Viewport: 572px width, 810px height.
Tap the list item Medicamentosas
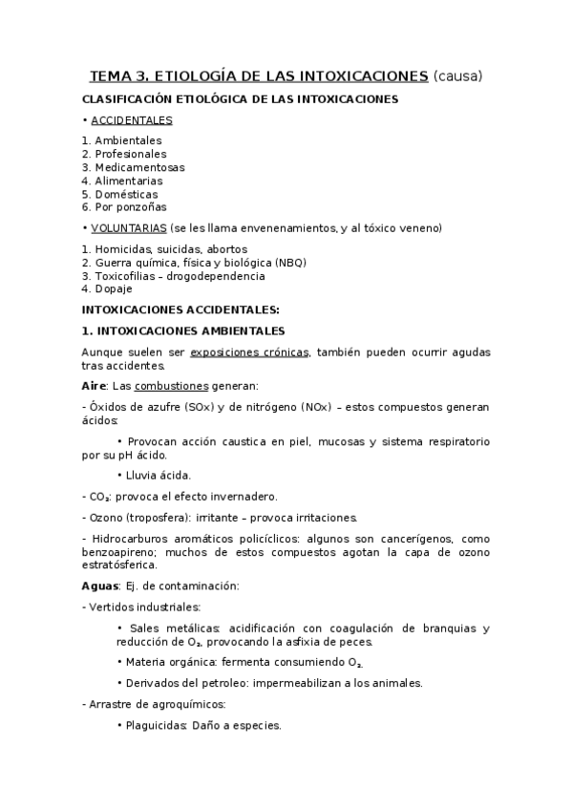[139, 167]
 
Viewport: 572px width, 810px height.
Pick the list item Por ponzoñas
[131, 206]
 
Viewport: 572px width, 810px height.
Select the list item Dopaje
[114, 288]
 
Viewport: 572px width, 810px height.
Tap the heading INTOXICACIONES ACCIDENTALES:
[180, 309]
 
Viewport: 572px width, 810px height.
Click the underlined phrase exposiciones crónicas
[251, 352]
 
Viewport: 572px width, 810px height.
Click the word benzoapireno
[121, 552]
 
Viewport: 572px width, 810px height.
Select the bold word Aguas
[100, 586]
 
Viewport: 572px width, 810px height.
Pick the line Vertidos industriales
[145, 607]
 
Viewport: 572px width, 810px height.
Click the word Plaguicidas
[158, 725]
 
